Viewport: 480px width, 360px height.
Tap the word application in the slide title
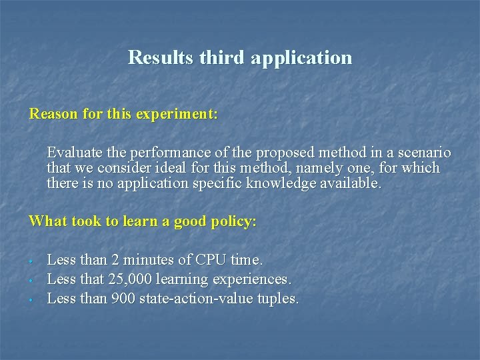click(301, 57)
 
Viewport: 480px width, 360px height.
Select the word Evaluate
click(75, 153)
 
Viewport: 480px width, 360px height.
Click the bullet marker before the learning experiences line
click(31, 280)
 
